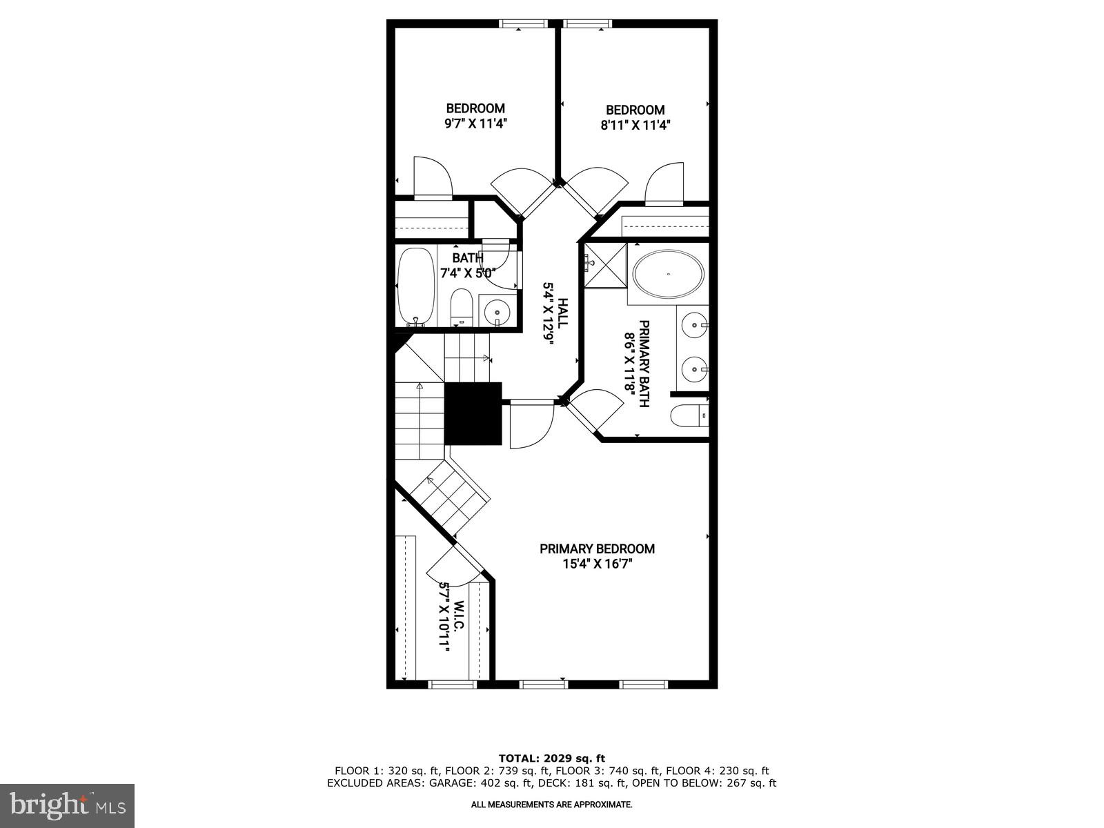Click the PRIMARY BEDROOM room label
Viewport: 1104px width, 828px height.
coord(597,549)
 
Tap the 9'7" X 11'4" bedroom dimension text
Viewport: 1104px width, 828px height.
coord(475,124)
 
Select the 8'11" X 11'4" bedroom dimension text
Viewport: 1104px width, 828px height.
coord(635,125)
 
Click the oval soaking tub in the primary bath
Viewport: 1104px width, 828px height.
coord(669,275)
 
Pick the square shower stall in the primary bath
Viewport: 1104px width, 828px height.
coord(605,265)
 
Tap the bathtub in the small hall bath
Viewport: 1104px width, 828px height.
coord(416,286)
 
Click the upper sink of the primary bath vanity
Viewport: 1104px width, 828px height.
coord(693,324)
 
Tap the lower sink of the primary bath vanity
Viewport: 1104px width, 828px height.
coord(693,369)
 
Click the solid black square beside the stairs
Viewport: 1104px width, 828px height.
coord(473,413)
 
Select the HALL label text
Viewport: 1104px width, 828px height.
coord(562,313)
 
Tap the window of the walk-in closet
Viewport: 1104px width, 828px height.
coord(452,684)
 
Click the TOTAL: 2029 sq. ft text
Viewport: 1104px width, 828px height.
coord(551,758)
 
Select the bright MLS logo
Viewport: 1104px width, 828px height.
coord(67,805)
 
